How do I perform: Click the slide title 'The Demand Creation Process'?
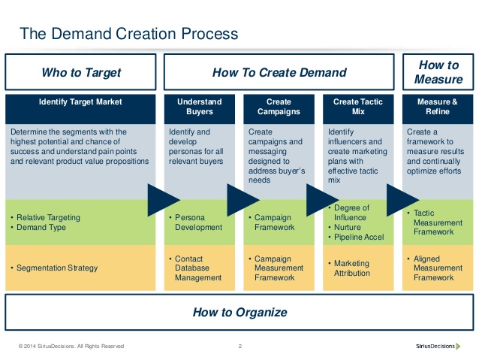(x=128, y=33)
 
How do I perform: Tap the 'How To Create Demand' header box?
(x=279, y=73)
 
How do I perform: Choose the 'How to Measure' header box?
(x=438, y=72)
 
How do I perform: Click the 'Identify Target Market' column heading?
(x=80, y=101)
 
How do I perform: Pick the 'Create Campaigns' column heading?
(x=279, y=106)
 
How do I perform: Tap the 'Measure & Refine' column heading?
(x=438, y=106)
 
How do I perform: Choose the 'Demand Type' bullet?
(x=44, y=228)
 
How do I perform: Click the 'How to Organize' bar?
(x=239, y=312)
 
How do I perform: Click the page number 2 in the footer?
(x=239, y=346)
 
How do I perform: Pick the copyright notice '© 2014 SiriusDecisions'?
(x=71, y=346)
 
